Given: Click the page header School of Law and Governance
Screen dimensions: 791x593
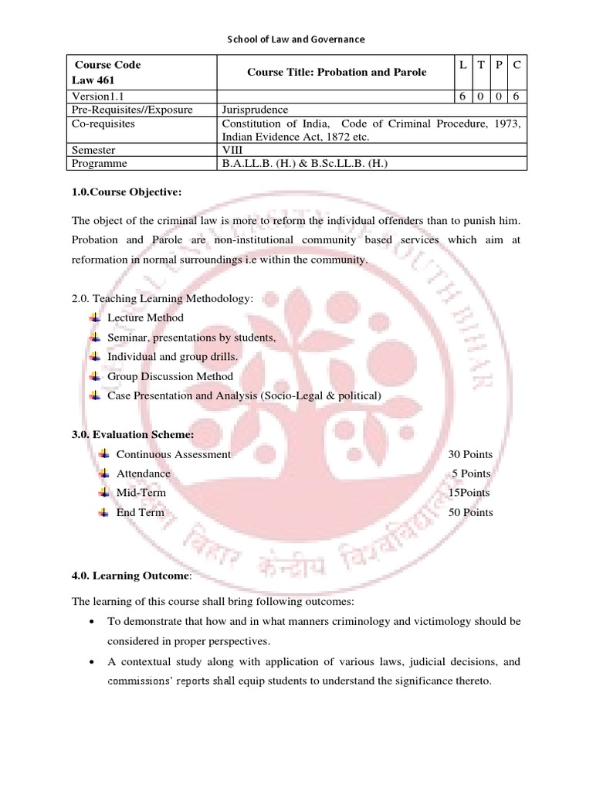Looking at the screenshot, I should coord(296,39).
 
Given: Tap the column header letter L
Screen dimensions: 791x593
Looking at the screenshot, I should coord(462,66).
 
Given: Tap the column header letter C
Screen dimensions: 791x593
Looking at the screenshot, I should coord(517,66).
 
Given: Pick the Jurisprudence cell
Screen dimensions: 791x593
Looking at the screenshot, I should coord(255,110).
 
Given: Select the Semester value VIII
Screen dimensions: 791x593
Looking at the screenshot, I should coord(234,150).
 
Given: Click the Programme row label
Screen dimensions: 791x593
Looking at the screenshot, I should coord(100,164).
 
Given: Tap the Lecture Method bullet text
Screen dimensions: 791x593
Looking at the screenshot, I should coord(145,317).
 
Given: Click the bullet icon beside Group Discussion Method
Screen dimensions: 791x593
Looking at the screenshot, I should coord(94,376).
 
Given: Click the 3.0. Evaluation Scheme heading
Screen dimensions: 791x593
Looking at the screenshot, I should coord(133,435).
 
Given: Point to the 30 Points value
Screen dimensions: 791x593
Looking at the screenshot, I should coord(469,454).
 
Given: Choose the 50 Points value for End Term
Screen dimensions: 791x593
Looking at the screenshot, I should coord(469,512).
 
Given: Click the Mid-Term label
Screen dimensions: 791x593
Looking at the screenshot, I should coord(141,492).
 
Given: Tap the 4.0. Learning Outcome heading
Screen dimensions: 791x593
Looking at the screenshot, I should coord(129,575).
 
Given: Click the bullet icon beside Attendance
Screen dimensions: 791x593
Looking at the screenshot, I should coord(103,473).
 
